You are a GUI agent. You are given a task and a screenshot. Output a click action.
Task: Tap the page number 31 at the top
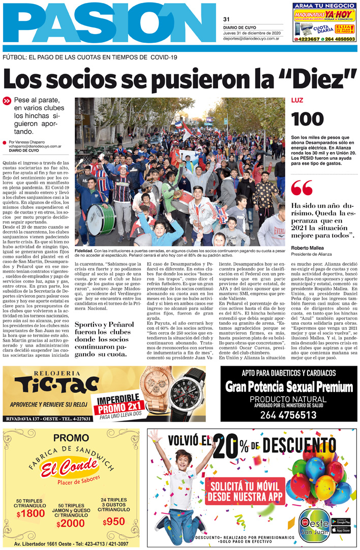click(x=226, y=19)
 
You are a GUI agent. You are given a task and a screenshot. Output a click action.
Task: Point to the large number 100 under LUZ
click(x=307, y=118)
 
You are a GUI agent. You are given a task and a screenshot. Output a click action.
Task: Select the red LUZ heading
click(x=297, y=101)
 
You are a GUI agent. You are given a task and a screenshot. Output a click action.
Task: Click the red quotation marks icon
click(x=302, y=188)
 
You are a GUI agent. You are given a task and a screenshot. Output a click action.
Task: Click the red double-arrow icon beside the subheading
click(x=7, y=101)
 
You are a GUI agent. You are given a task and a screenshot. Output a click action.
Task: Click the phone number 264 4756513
click(x=288, y=415)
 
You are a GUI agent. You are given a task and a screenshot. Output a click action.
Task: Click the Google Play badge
click(x=341, y=521)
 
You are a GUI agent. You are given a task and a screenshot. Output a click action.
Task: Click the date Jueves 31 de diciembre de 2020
click(x=252, y=33)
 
